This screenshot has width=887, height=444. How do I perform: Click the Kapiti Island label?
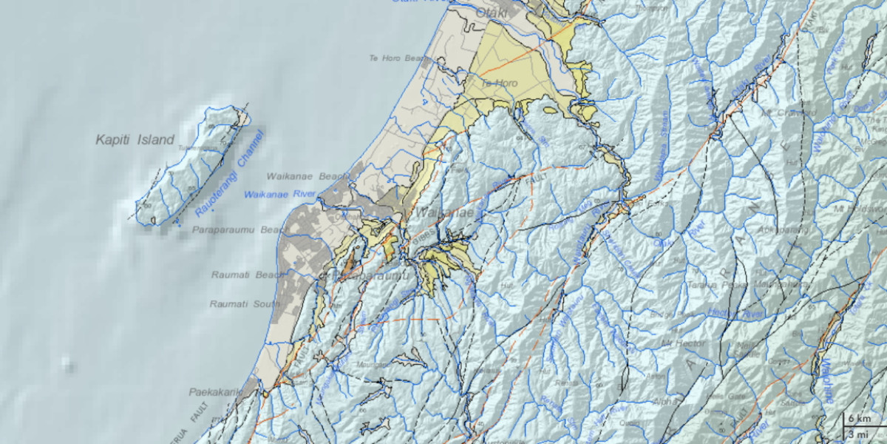[x=135, y=140]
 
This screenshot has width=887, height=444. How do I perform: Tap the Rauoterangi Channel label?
[x=230, y=175]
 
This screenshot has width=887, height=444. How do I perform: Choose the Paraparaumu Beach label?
[x=238, y=231]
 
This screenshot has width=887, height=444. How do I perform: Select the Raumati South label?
[x=244, y=304]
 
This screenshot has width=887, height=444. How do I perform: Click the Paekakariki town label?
[x=215, y=393]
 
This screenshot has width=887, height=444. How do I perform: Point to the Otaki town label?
[x=492, y=13]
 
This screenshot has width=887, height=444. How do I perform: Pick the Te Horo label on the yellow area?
[x=500, y=84]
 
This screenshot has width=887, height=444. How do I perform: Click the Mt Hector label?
[x=683, y=343]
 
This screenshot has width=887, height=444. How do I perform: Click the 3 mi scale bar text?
[x=860, y=434]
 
